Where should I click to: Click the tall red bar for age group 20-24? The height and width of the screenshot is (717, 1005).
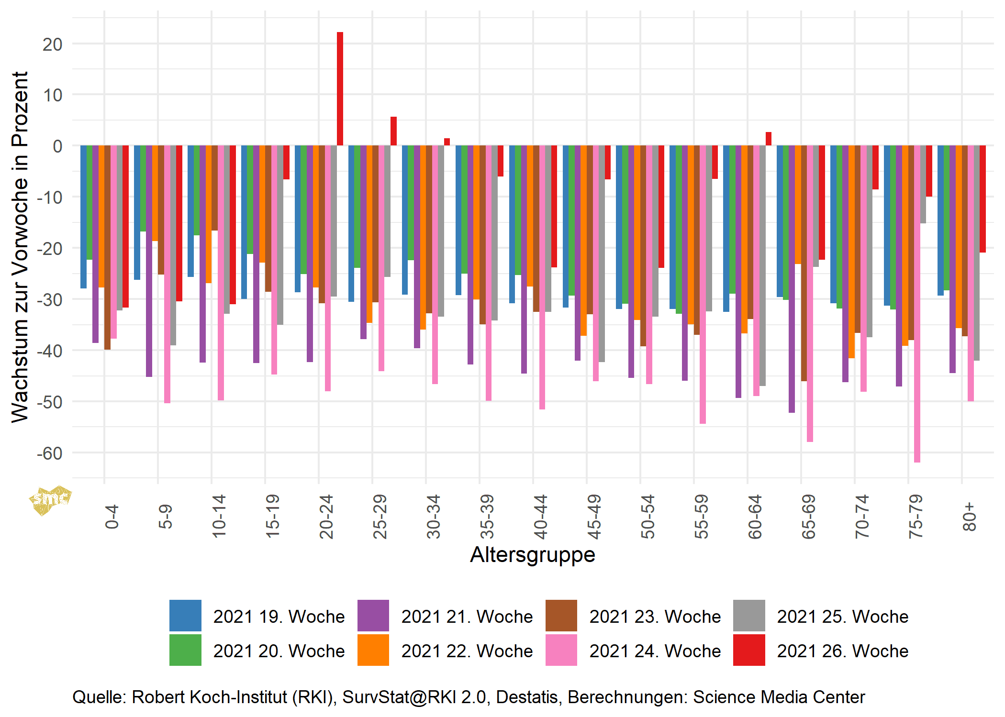[340, 89]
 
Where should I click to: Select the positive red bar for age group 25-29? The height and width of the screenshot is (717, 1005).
[393, 131]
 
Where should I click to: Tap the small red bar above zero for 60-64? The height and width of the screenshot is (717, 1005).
[768, 139]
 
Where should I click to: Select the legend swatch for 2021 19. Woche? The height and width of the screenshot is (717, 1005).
[185, 616]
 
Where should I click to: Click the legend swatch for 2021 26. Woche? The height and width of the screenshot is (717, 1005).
[749, 650]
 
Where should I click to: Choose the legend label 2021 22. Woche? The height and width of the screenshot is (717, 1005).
[467, 651]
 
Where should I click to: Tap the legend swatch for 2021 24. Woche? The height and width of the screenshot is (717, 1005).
[561, 650]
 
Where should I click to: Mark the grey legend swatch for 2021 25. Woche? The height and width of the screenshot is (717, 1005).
[749, 616]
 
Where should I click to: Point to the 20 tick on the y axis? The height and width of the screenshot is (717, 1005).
[52, 44]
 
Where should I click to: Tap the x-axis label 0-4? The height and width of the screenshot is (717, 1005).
[112, 517]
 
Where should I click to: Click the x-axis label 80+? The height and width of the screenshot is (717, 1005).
[969, 517]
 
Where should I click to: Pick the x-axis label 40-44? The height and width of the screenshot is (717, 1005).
[540, 517]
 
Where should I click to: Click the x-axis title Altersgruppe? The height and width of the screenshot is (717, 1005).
[533, 555]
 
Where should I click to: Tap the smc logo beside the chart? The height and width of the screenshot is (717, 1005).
[50, 500]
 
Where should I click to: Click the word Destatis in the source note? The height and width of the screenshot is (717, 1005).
[526, 697]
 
